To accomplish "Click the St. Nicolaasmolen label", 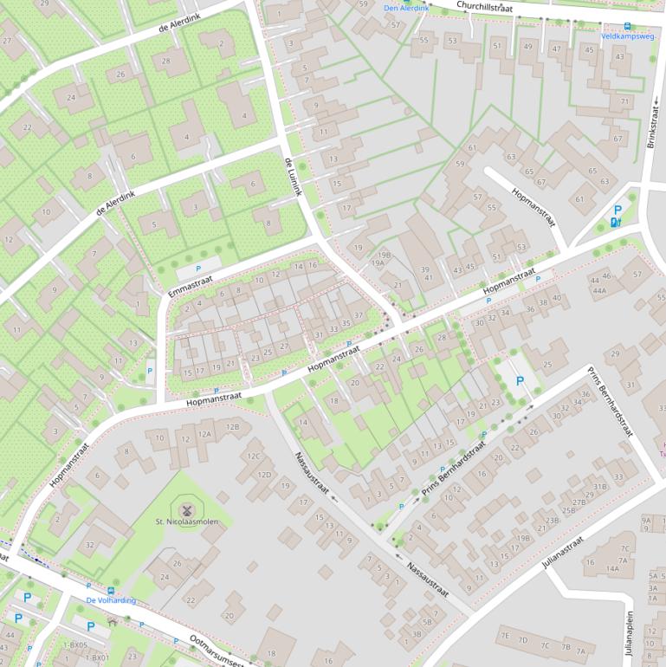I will (184, 522).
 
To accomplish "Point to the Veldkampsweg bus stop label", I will (625, 36).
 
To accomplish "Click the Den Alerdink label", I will (406, 9).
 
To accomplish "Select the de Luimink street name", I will (293, 176).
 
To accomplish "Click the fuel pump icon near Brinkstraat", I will (616, 223).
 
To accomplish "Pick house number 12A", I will (205, 434).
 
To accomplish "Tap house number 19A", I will (378, 263).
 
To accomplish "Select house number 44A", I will (599, 291).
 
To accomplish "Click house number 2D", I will (230, 616).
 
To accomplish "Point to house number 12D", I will (264, 474).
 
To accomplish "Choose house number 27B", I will (579, 502).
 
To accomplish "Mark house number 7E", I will (504, 638).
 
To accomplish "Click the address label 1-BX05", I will (75, 645).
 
